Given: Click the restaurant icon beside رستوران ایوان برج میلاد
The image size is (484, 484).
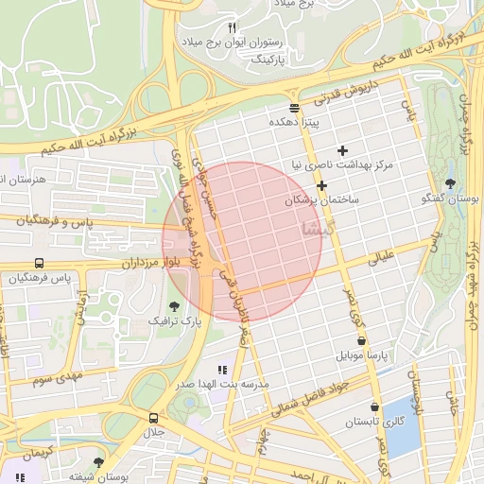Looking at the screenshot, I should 233,26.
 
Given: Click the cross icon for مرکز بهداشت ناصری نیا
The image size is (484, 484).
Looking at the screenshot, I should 342,150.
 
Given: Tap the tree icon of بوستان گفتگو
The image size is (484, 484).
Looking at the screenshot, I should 448,184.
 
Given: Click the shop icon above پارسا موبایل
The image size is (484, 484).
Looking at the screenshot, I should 360,340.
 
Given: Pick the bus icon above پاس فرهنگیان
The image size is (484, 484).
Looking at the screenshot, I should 39,263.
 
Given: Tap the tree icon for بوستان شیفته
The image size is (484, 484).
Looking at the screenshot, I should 99,462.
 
